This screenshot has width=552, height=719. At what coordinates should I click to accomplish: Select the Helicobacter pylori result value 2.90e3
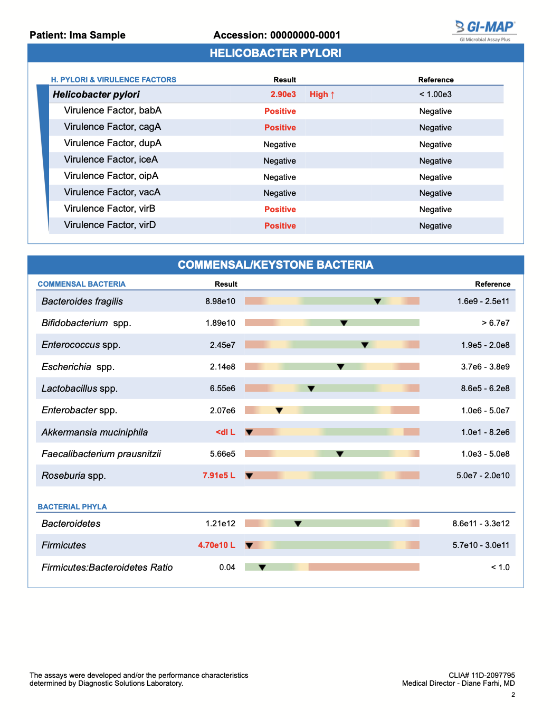pyautogui.click(x=283, y=94)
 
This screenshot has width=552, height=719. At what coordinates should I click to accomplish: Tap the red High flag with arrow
pyautogui.click(x=322, y=94)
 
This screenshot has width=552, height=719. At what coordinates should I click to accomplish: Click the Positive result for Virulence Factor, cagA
pyautogui.click(x=280, y=128)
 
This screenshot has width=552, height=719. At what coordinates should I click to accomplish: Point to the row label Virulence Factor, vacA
pyautogui.click(x=112, y=192)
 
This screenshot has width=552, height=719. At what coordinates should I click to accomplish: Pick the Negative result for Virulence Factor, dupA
pyautogui.click(x=280, y=145)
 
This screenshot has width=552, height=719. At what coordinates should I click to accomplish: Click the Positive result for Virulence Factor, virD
pyautogui.click(x=280, y=226)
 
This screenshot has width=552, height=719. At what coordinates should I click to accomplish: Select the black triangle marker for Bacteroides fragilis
pyautogui.click(x=377, y=301)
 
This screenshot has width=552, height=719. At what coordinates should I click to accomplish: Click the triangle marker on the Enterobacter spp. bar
pyautogui.click(x=279, y=410)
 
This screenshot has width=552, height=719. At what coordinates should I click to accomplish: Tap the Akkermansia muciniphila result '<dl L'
pyautogui.click(x=225, y=432)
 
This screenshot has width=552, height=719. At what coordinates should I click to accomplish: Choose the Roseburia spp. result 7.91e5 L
pyautogui.click(x=218, y=476)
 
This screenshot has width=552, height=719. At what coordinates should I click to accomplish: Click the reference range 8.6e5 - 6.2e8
pyautogui.click(x=485, y=389)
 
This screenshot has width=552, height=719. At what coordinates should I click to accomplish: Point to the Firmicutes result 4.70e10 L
pyautogui.click(x=216, y=545)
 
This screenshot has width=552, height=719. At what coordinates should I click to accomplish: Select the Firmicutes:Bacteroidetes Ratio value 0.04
pyautogui.click(x=227, y=567)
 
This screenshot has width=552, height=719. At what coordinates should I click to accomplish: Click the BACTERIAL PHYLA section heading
pyautogui.click(x=72, y=507)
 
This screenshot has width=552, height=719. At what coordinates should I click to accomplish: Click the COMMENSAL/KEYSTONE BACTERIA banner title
pyautogui.click(x=275, y=265)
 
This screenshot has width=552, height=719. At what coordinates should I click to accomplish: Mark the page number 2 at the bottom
pyautogui.click(x=513, y=695)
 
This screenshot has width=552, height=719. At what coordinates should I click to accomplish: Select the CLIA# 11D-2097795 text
pyautogui.click(x=481, y=675)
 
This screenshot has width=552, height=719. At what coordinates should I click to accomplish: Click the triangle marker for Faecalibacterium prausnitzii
pyautogui.click(x=340, y=454)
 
